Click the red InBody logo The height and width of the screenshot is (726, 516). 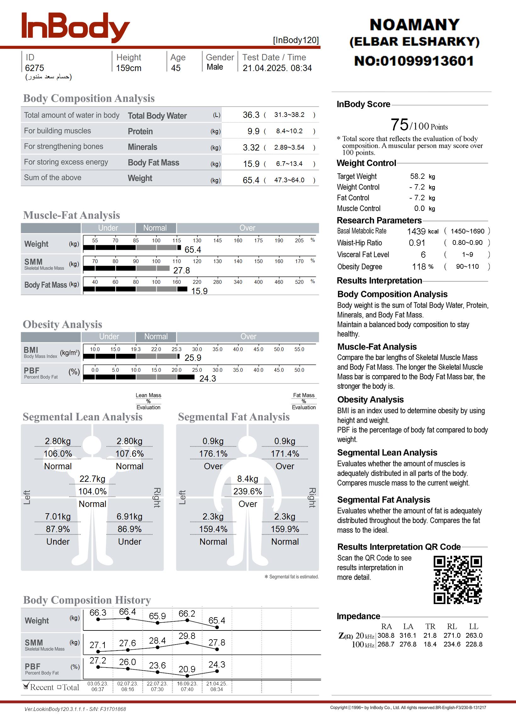(75, 28)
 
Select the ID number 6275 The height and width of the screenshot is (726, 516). (35, 68)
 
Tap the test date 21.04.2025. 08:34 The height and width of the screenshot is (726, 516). (277, 68)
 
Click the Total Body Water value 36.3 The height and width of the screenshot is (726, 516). (251, 115)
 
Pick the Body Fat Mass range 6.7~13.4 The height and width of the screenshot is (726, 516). (289, 164)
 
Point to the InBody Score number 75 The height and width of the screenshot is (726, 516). (399, 125)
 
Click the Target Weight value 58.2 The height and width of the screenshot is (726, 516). (417, 176)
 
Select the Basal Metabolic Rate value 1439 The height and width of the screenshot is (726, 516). (416, 231)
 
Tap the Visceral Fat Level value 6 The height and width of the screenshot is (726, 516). (423, 255)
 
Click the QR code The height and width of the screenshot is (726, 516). (457, 580)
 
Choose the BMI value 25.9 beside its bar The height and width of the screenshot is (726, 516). (193, 358)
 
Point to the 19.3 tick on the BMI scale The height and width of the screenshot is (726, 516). (136, 349)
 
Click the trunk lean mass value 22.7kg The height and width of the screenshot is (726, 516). (93, 479)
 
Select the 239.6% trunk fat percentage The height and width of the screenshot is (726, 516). (248, 492)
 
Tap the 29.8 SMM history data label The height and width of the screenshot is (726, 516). (187, 636)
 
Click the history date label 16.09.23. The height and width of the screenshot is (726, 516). (187, 684)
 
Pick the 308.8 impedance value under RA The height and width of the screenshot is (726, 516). (386, 635)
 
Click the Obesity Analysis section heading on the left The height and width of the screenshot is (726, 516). (63, 325)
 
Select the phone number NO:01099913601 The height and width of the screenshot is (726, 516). (414, 61)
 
